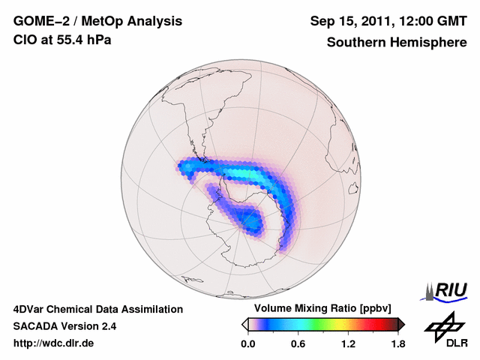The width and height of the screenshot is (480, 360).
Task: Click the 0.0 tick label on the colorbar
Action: (248, 344)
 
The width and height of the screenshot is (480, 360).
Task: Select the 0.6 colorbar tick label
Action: (298, 344)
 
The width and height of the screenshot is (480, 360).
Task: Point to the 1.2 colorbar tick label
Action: (348, 344)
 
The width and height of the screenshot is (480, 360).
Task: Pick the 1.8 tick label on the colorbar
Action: (397, 344)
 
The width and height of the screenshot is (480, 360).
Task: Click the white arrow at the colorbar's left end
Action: (244, 324)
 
